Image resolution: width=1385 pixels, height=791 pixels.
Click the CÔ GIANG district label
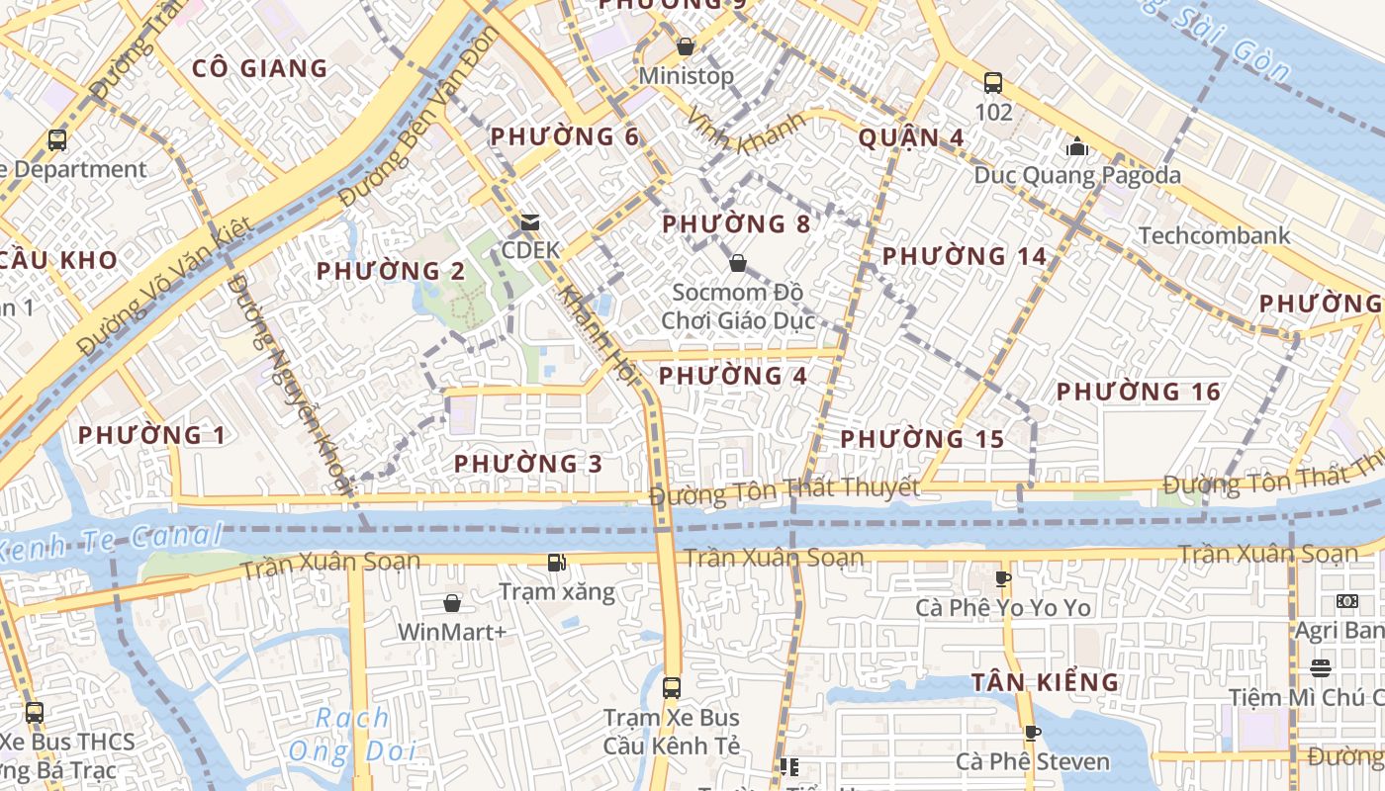click(259, 68)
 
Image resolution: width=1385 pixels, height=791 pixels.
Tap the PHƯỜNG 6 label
click(565, 136)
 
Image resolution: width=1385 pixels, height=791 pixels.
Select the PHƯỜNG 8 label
click(736, 224)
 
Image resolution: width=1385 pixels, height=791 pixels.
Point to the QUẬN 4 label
click(911, 137)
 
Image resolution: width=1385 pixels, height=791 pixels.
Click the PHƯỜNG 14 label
click(964, 256)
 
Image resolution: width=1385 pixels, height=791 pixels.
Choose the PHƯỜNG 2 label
click(391, 271)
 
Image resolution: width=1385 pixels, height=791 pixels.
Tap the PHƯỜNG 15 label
click(922, 439)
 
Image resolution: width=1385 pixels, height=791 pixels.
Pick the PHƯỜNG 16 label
click(1139, 392)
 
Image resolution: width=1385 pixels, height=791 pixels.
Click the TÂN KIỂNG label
click(1045, 682)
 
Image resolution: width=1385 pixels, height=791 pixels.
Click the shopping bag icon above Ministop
click(685, 46)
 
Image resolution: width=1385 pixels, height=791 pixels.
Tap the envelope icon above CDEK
click(530, 222)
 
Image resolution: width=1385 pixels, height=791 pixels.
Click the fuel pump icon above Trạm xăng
click(557, 563)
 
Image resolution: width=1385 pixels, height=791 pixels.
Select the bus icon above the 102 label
click(993, 83)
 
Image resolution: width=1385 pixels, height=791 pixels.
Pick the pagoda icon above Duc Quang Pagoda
click(1077, 147)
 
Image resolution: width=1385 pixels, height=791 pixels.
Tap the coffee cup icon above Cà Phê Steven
click(1032, 733)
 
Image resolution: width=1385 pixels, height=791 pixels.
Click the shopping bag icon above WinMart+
click(452, 602)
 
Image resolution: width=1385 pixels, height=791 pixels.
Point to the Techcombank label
click(1214, 235)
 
